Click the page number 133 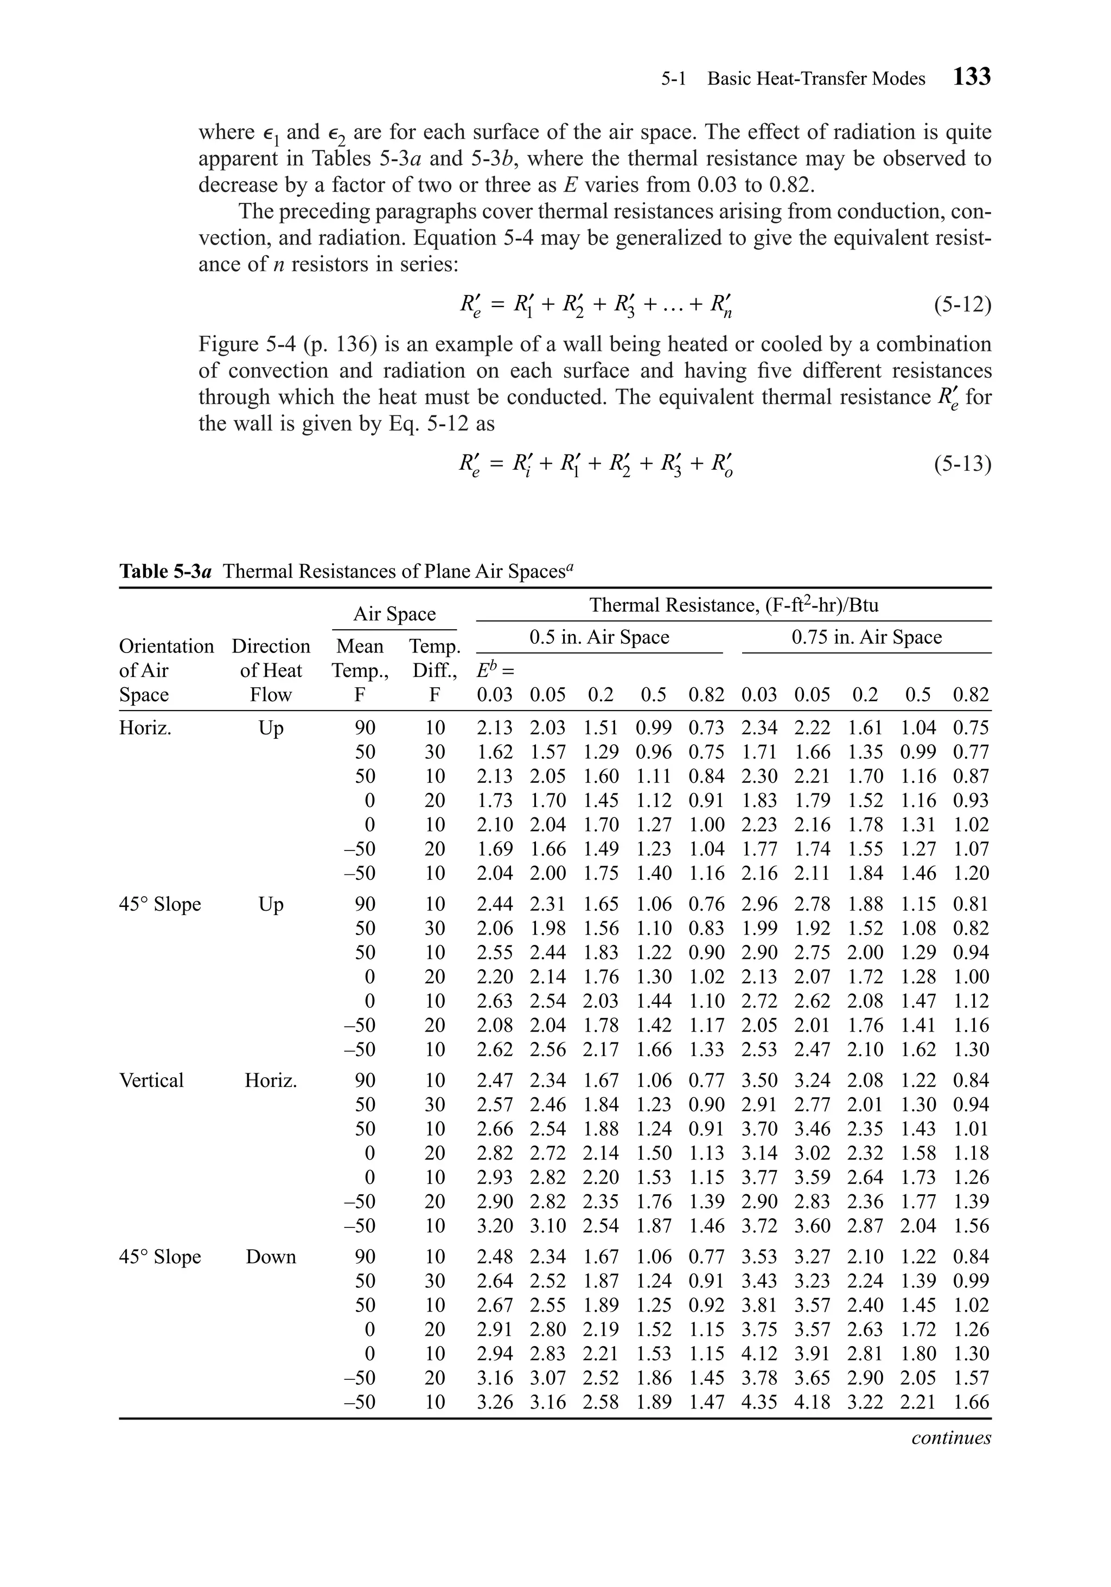point(972,76)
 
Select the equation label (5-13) point(962,464)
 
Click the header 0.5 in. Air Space point(599,637)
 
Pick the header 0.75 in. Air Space point(866,637)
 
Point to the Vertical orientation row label point(151,1080)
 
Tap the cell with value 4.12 point(758,1353)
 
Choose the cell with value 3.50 point(758,1080)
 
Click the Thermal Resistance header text point(733,605)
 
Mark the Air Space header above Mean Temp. point(394,615)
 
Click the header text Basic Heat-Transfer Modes point(816,79)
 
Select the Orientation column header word point(167,647)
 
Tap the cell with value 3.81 point(758,1305)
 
